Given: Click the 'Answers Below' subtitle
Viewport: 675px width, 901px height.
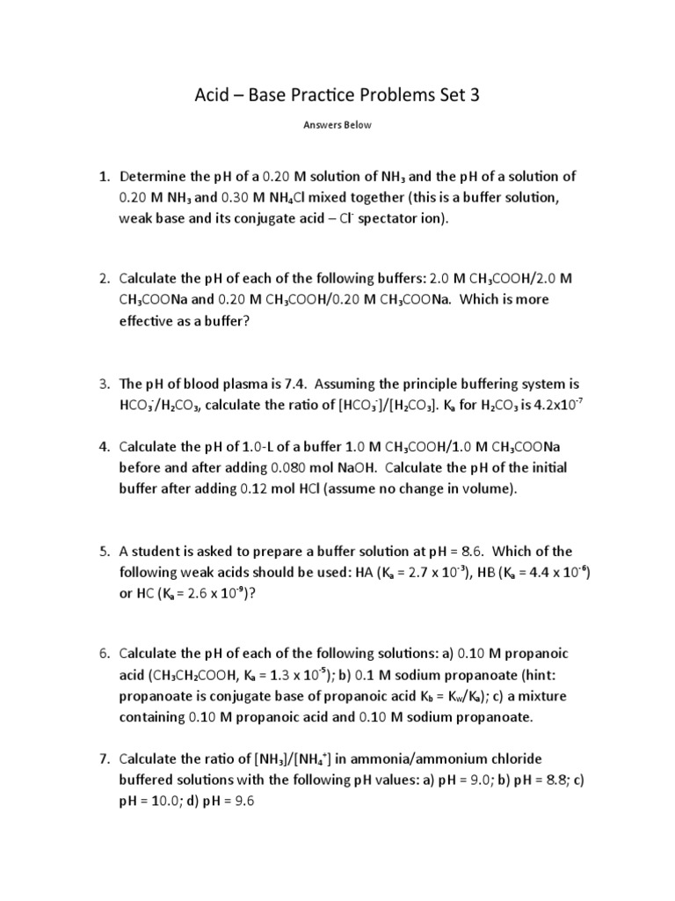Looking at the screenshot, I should [x=337, y=125].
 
